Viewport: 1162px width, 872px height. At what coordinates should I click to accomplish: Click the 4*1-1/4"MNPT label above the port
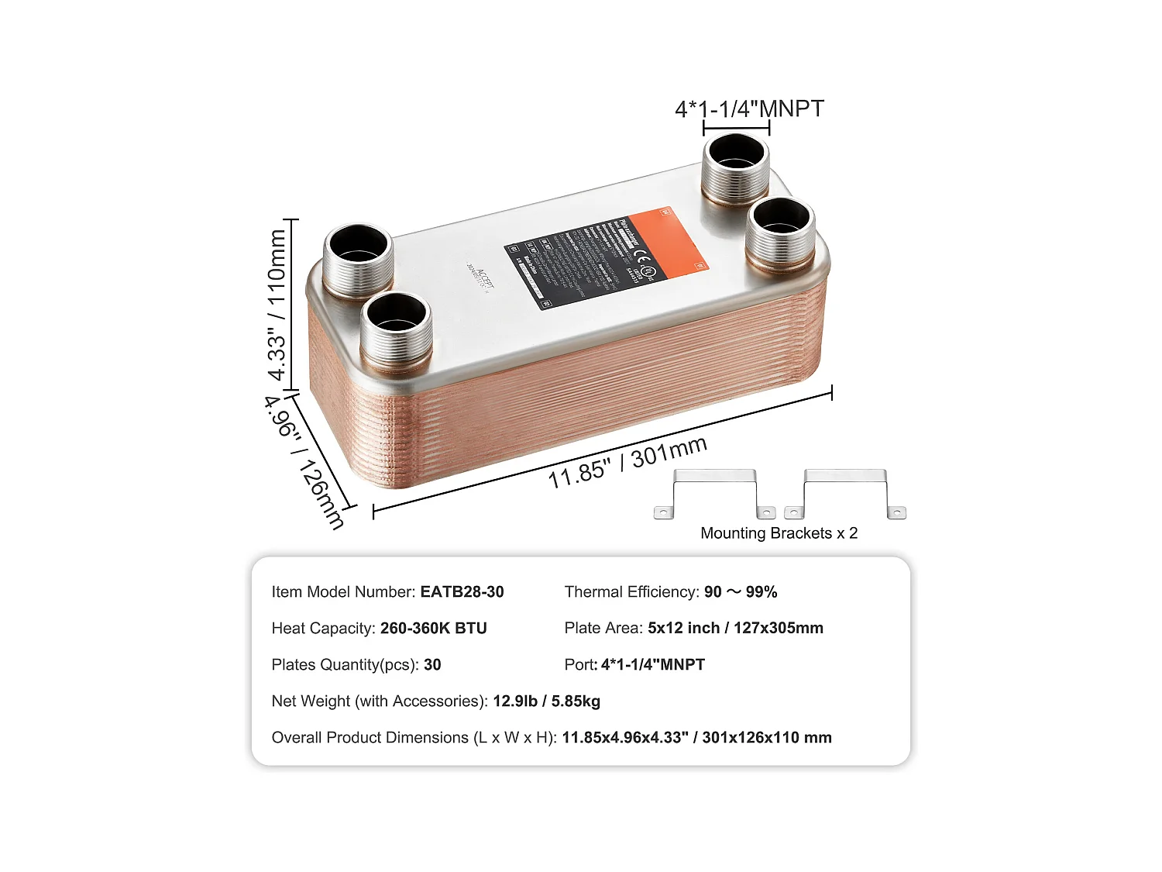[749, 109]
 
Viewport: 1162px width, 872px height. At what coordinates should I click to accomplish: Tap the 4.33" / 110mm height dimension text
[277, 305]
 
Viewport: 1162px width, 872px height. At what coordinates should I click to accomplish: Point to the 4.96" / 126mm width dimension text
[303, 463]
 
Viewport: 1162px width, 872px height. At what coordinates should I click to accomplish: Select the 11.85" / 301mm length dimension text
[627, 462]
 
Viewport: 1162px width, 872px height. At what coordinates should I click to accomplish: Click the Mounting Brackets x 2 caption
[779, 533]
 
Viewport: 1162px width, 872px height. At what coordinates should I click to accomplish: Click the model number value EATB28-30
[462, 592]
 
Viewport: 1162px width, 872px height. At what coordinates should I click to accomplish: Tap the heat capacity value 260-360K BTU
[433, 629]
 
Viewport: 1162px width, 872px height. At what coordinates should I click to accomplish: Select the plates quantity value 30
[432, 665]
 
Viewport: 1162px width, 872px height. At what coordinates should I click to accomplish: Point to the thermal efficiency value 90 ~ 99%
[741, 592]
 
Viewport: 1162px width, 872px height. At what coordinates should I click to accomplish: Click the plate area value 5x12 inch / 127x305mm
[735, 629]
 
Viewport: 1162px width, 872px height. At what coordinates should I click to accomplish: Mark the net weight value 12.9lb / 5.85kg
[546, 701]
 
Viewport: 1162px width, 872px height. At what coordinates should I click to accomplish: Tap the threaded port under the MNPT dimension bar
[736, 167]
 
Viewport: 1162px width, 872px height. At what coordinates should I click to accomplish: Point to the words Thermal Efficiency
[631, 592]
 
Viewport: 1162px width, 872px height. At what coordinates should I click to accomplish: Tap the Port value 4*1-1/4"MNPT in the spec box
[652, 665]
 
